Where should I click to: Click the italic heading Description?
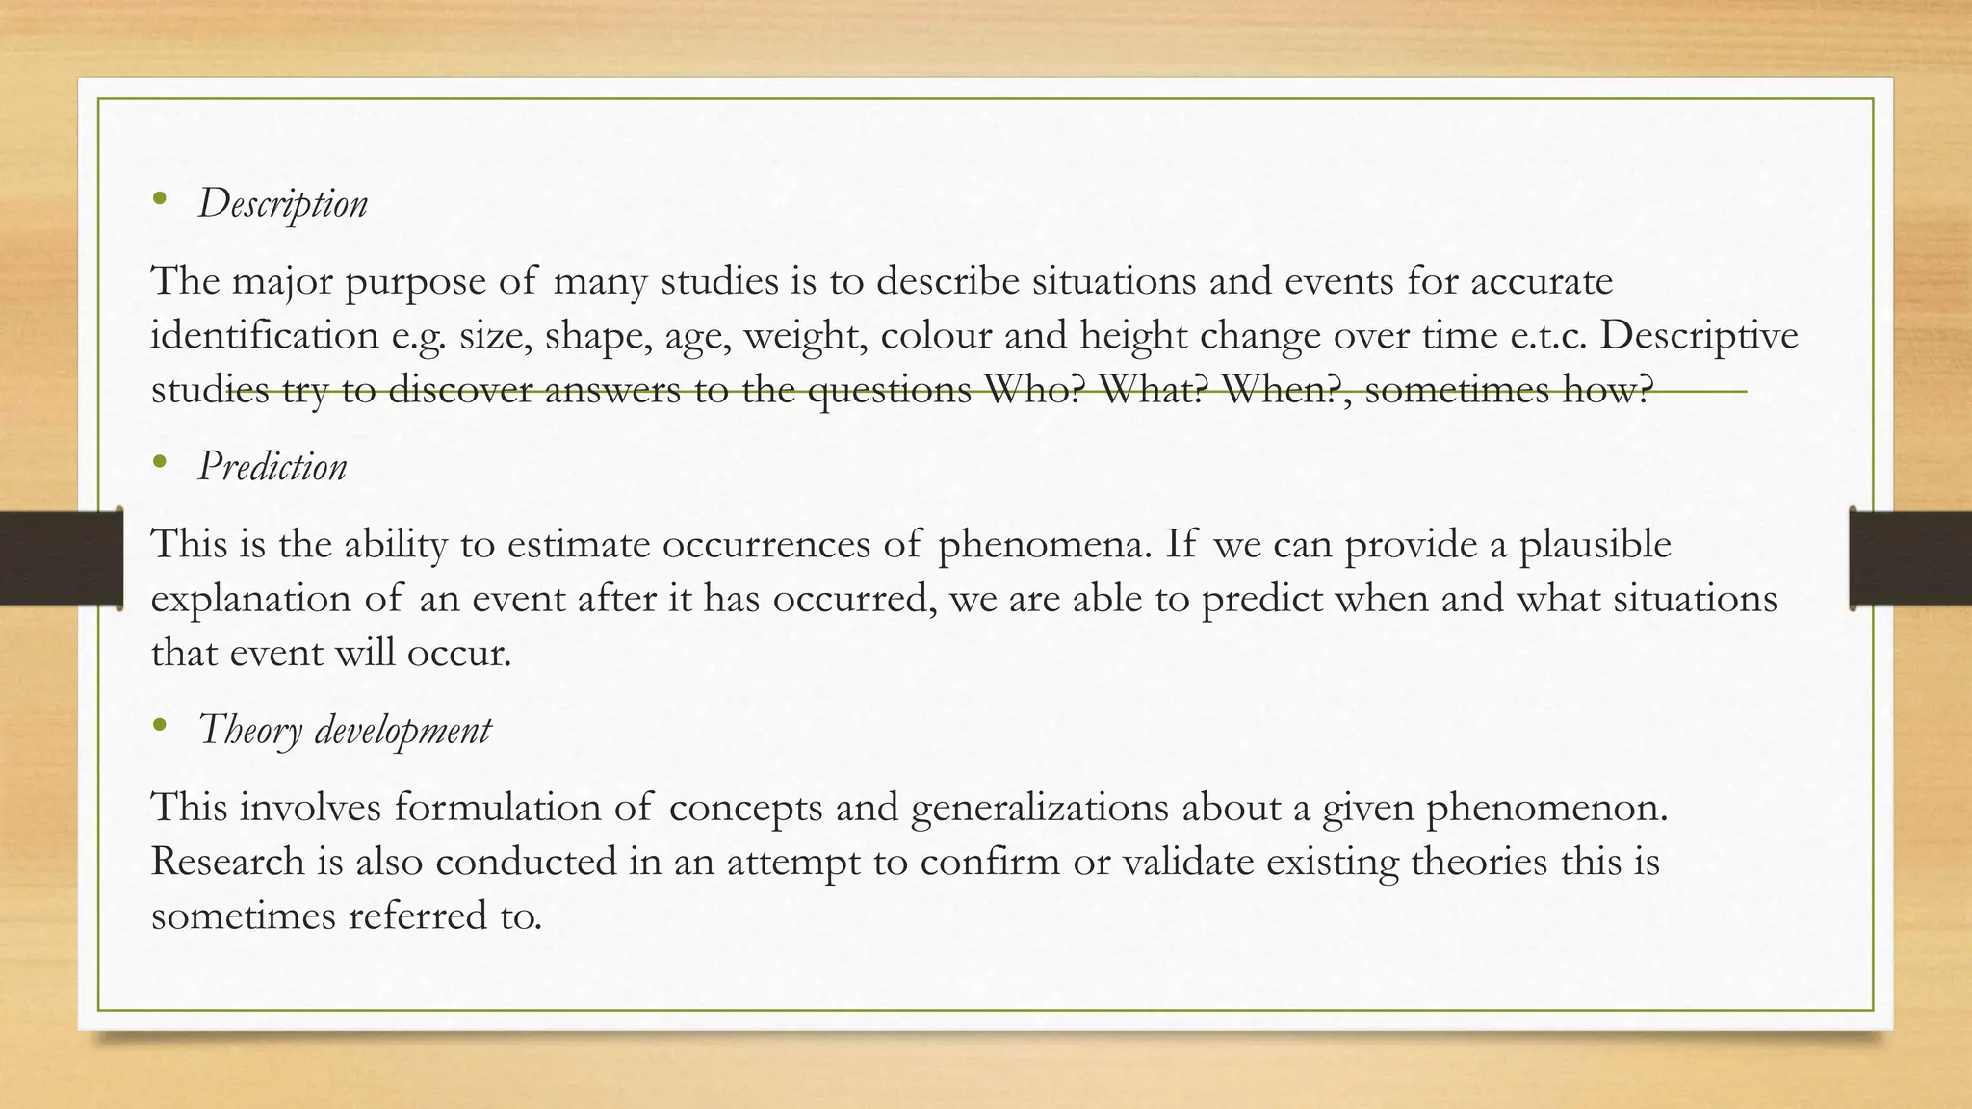282,204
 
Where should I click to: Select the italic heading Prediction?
272,467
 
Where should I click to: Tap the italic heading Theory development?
344,730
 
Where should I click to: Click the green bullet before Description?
160,200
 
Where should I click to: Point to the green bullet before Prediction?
160,463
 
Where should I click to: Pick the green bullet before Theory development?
160,726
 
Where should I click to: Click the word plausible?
1595,544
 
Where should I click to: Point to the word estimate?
579,544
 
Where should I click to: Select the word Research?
227,861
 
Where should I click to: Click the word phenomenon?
1545,807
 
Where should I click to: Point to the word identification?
265,336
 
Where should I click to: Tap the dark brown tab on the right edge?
1911,558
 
